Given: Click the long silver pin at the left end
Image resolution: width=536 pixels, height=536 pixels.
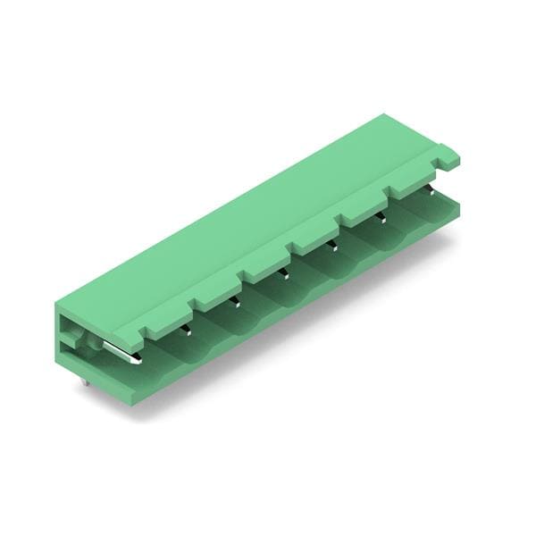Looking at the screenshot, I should [121, 353].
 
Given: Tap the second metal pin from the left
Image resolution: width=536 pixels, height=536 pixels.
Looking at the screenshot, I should [186, 331].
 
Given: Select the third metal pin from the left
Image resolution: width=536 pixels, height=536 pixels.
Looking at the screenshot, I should [235, 302].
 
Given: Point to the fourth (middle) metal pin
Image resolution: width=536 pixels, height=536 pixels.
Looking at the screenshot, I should [284, 273].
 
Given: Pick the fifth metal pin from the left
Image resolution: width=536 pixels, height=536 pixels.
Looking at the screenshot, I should [332, 244].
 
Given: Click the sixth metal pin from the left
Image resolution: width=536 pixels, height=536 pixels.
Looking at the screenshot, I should [381, 216].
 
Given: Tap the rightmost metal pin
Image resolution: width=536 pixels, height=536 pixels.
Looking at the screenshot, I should [430, 188].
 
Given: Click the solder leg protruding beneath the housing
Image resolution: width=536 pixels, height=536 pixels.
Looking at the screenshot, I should [84, 381].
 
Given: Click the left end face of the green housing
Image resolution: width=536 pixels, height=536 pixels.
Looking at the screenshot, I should [71, 339].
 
